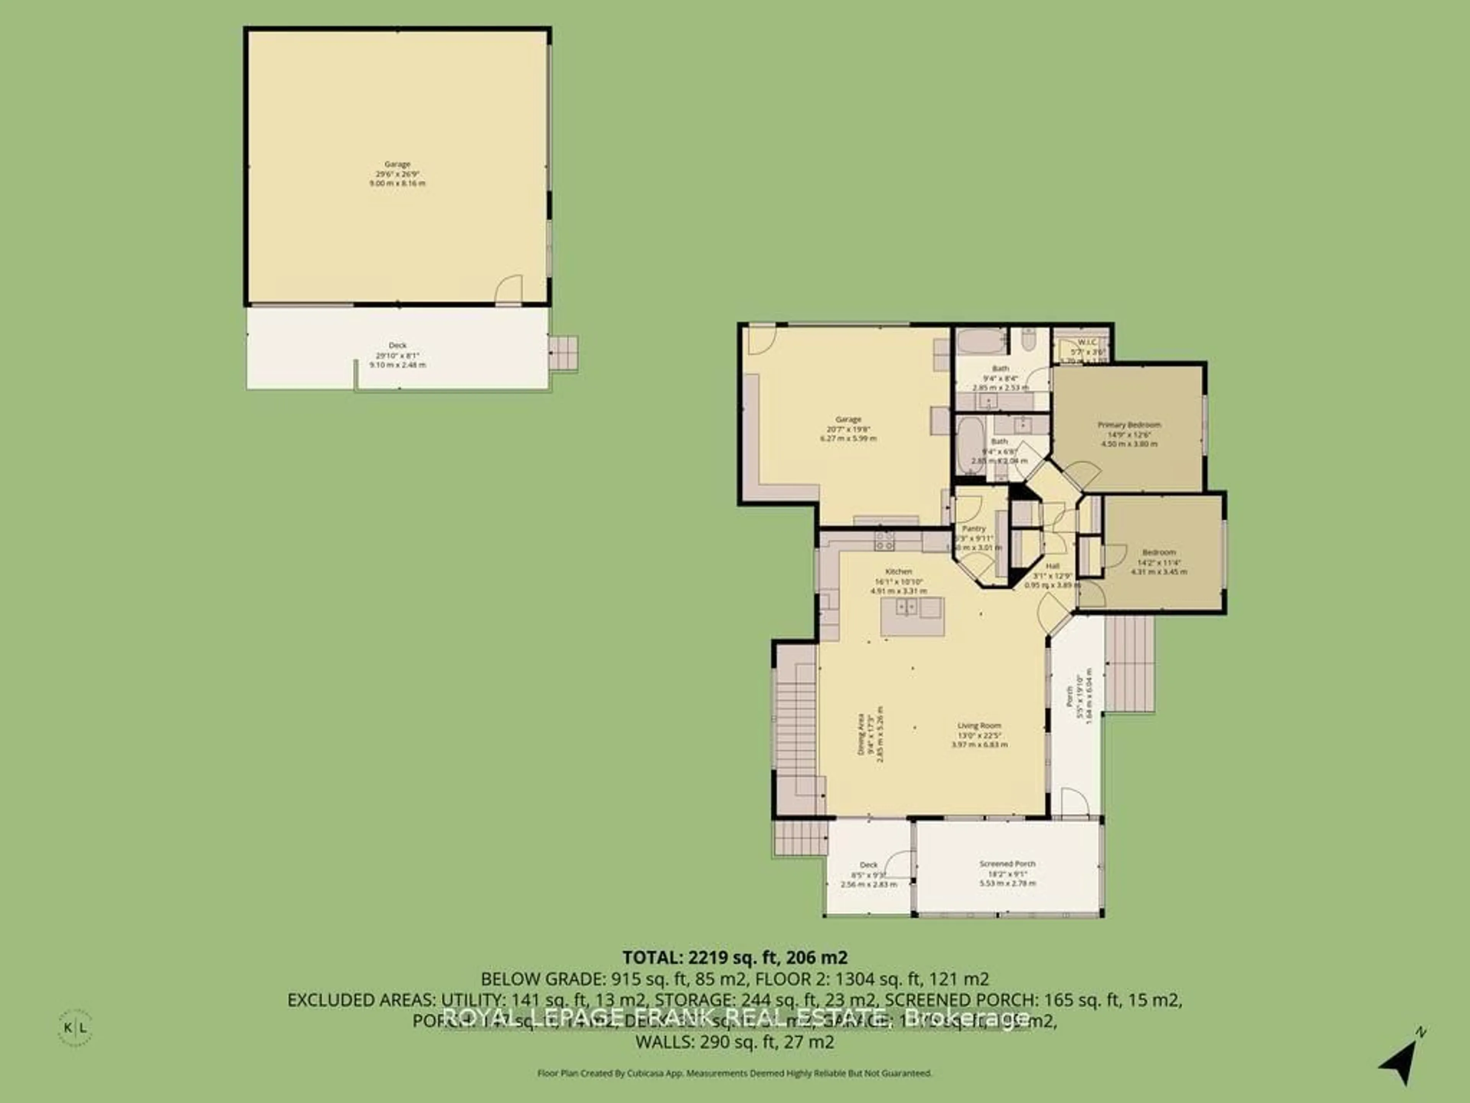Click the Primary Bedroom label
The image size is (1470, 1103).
pos(1129,425)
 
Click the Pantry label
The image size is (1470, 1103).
pos(974,529)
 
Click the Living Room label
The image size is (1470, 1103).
pos(979,726)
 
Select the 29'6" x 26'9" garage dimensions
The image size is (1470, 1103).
pos(397,173)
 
